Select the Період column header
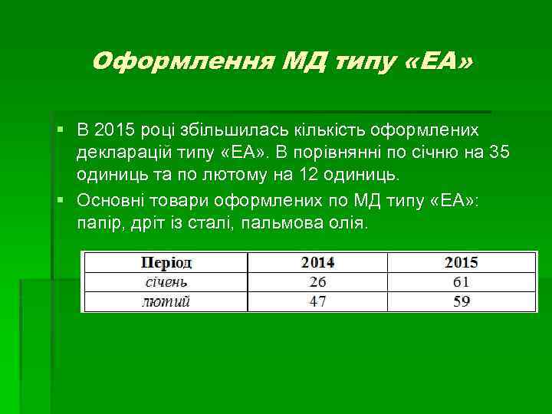166,263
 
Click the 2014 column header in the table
317,263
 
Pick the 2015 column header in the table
461,263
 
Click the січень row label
166,282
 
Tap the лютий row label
166,301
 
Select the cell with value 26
317,282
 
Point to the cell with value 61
461,282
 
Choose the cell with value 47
317,301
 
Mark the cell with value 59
461,301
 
